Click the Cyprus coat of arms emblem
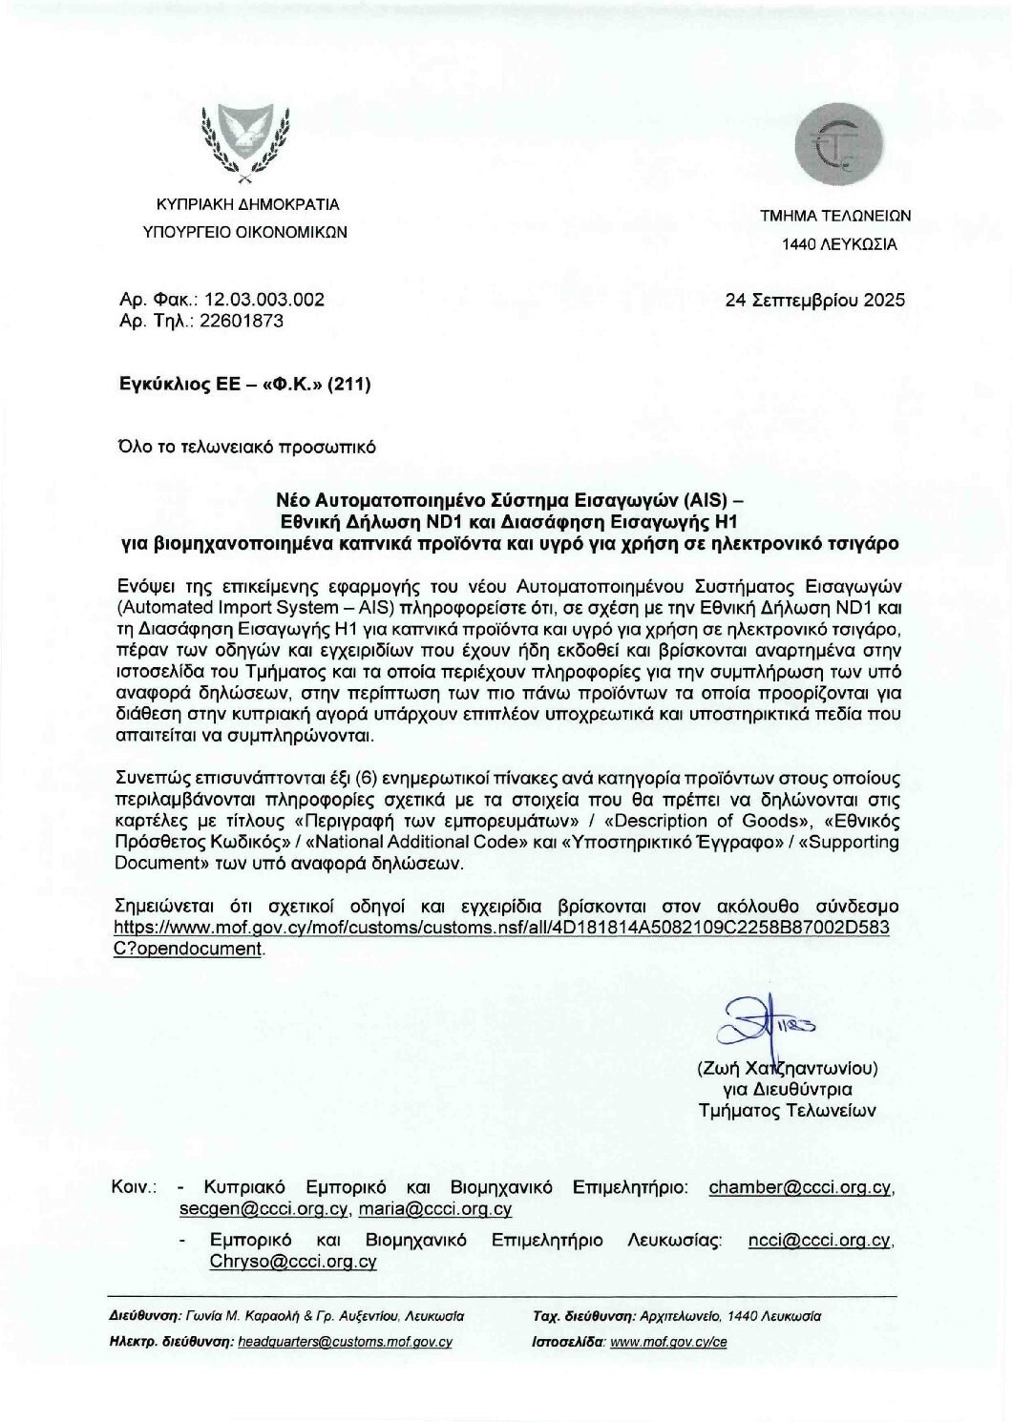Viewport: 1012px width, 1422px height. pyautogui.click(x=247, y=142)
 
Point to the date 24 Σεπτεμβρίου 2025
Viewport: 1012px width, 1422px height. pyautogui.click(x=814, y=300)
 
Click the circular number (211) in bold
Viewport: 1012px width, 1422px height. pyautogui.click(x=348, y=385)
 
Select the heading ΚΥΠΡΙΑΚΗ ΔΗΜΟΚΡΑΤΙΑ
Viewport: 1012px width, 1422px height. pyautogui.click(x=248, y=204)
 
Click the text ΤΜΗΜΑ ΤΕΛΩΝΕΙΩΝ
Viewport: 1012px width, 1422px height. pyautogui.click(x=834, y=216)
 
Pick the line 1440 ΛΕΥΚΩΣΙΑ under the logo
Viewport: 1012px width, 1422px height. pyautogui.click(x=839, y=244)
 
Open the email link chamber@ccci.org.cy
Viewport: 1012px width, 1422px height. pyautogui.click(x=800, y=1187)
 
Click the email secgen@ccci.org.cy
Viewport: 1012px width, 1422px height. pyautogui.click(x=262, y=1209)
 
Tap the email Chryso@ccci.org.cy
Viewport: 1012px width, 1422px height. pyautogui.click(x=293, y=1262)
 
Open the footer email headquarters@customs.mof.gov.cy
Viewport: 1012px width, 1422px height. pyautogui.click(x=345, y=1341)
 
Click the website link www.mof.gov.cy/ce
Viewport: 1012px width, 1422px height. pyautogui.click(x=668, y=1341)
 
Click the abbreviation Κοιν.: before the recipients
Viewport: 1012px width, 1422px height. pyautogui.click(x=134, y=1187)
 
